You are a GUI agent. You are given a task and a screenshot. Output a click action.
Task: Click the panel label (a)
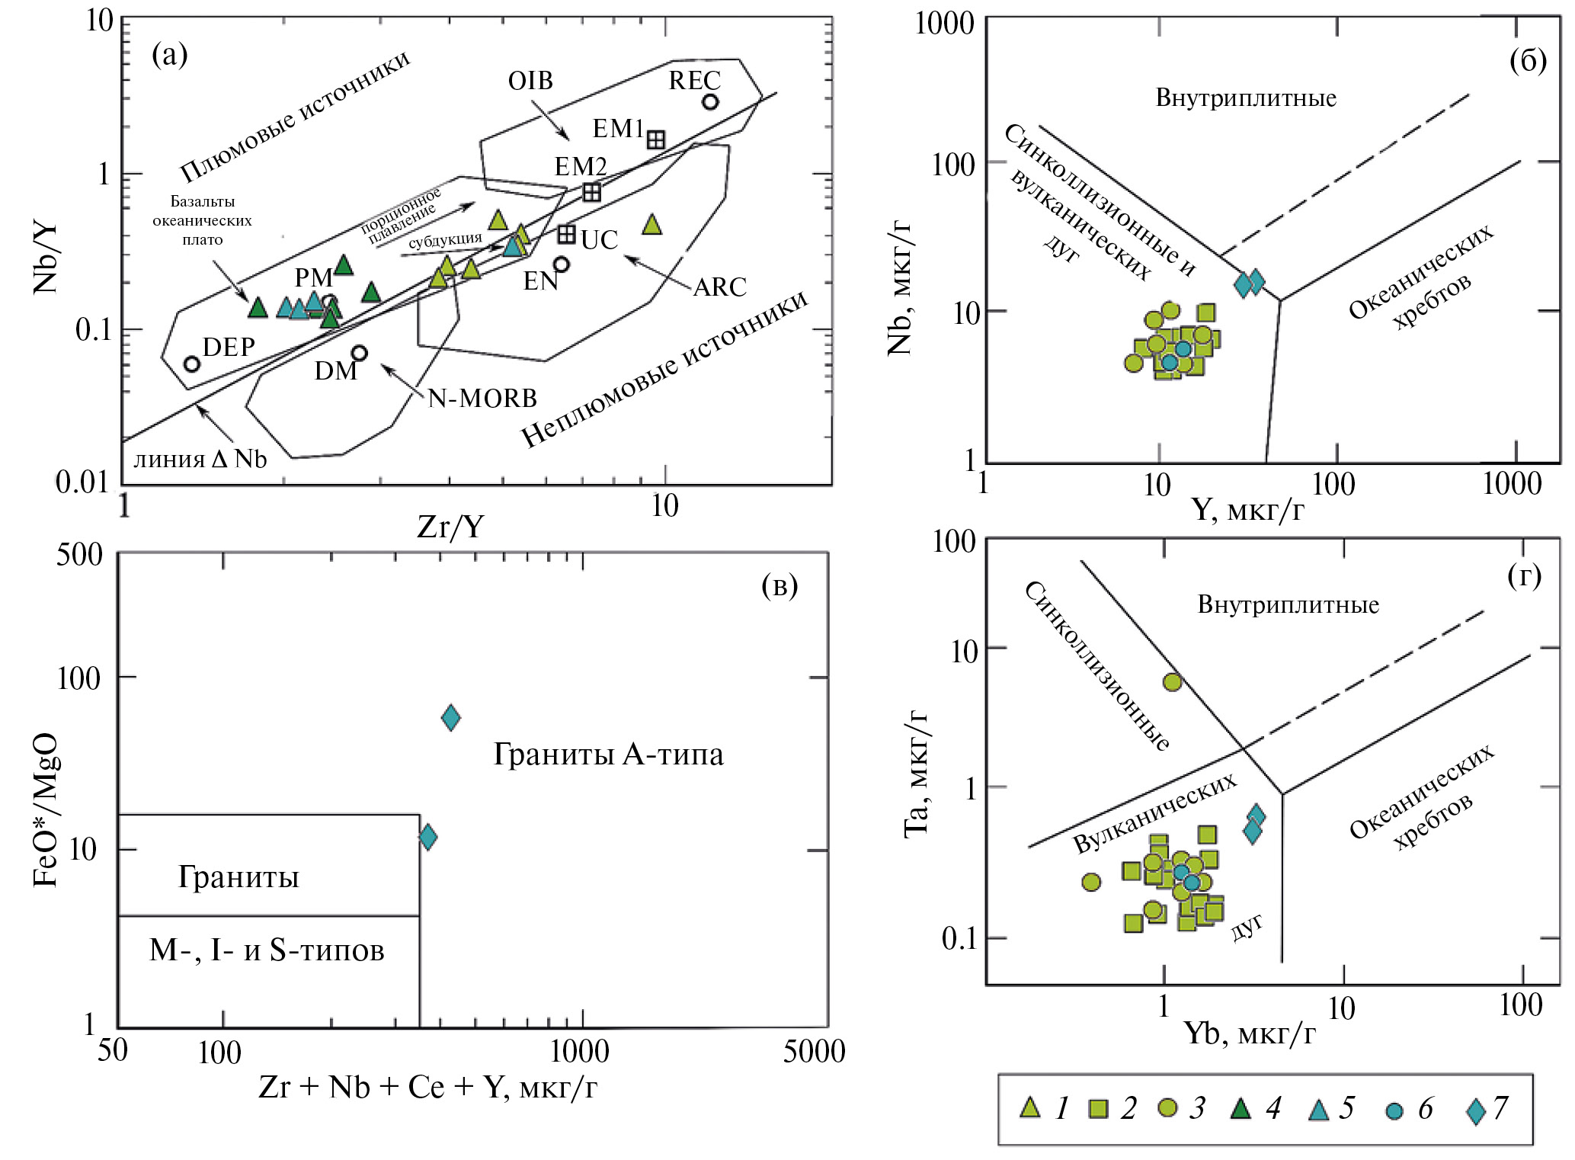(x=169, y=55)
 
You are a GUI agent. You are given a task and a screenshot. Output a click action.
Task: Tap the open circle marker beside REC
(x=710, y=101)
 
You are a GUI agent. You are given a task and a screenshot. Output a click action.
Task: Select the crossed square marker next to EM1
(x=656, y=139)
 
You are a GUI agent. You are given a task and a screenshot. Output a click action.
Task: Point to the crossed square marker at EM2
(x=591, y=192)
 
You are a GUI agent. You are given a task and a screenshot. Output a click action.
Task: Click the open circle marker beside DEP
(x=192, y=364)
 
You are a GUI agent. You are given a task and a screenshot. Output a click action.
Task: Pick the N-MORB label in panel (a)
(x=482, y=398)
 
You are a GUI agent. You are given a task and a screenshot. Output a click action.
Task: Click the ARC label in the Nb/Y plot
(x=719, y=287)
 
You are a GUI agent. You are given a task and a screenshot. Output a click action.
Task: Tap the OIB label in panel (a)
(x=530, y=81)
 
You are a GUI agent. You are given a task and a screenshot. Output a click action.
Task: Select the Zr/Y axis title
(x=450, y=527)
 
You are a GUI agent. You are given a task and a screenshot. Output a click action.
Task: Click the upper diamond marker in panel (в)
(x=451, y=717)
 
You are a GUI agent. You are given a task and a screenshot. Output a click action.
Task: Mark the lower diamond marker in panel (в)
(x=428, y=837)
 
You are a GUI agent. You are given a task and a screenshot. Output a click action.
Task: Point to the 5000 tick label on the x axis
(x=814, y=1051)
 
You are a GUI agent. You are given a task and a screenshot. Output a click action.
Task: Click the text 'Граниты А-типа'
(x=608, y=755)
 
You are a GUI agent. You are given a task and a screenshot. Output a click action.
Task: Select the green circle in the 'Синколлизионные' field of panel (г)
(x=1172, y=682)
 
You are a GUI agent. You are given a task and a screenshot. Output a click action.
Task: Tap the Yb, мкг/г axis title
(x=1250, y=1033)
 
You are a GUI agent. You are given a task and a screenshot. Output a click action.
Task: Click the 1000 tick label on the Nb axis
(x=944, y=23)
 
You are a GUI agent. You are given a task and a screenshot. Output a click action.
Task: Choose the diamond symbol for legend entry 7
(x=1476, y=1110)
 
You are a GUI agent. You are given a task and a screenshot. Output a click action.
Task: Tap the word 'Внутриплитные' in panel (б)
(x=1246, y=98)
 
